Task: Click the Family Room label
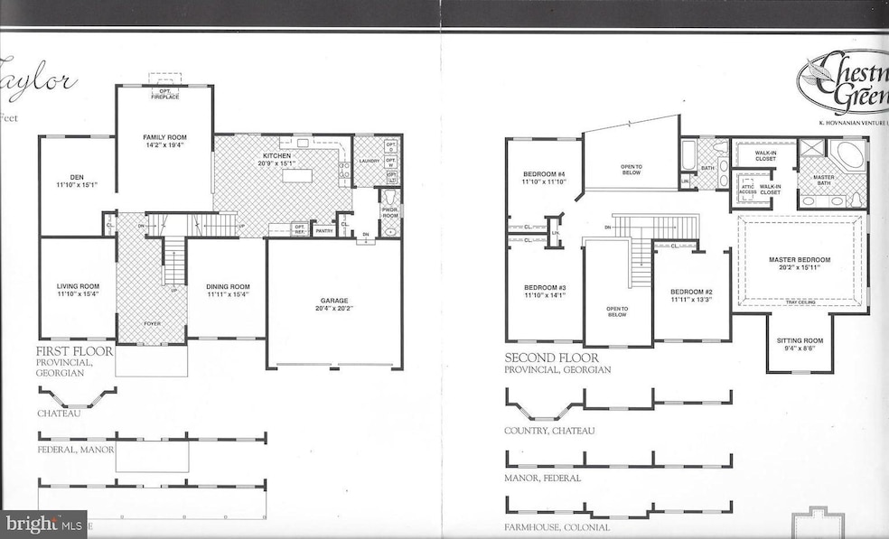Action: pyautogui.click(x=164, y=136)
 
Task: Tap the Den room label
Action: pyautogui.click(x=76, y=178)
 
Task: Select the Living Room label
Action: pyautogui.click(x=78, y=286)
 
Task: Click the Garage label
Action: pyautogui.click(x=333, y=301)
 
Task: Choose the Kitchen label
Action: pyautogui.click(x=276, y=156)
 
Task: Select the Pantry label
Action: pyautogui.click(x=323, y=231)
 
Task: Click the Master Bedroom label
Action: pyautogui.click(x=799, y=260)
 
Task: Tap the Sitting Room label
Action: pyautogui.click(x=799, y=340)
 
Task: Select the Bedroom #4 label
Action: pyautogui.click(x=543, y=174)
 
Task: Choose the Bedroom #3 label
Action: pyautogui.click(x=543, y=288)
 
